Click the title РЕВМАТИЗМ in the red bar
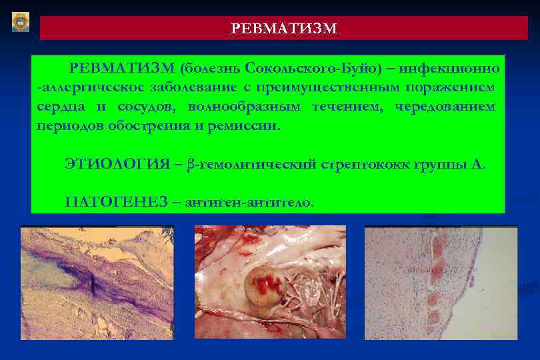pos(283,29)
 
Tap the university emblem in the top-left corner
pos(21,22)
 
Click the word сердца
pos(57,107)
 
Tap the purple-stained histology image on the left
pos(97,283)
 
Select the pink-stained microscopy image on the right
pos(441,283)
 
